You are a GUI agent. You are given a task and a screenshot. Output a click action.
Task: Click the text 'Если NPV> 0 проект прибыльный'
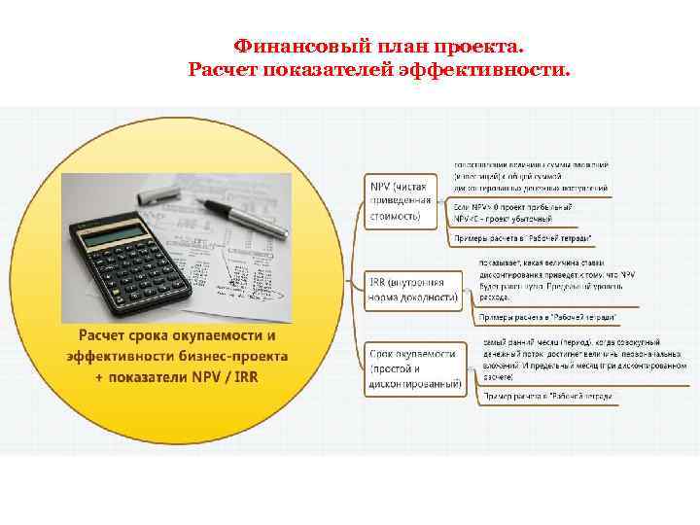click(x=513, y=207)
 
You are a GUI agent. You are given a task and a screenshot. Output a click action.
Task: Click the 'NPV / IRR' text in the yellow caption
click(x=227, y=377)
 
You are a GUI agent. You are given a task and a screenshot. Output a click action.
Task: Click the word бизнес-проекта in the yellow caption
click(x=237, y=356)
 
